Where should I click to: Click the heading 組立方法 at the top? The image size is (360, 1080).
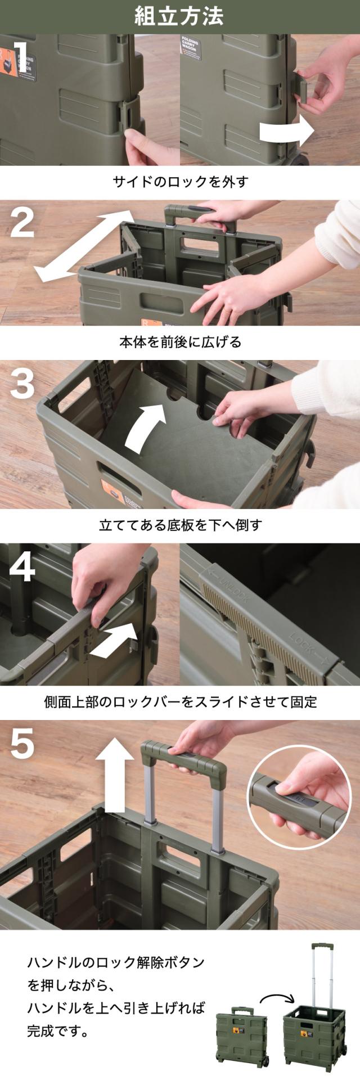pyautogui.click(x=179, y=16)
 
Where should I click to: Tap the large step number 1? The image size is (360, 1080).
pyautogui.click(x=21, y=57)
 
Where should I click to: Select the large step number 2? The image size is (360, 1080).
pyautogui.click(x=22, y=222)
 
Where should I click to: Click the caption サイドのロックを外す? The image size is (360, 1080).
pyautogui.click(x=180, y=182)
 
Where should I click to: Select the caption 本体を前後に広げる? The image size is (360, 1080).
pyautogui.click(x=180, y=342)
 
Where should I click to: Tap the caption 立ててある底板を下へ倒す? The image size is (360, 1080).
pyautogui.click(x=180, y=525)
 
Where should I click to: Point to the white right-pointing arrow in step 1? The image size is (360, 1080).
pyautogui.click(x=286, y=130)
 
